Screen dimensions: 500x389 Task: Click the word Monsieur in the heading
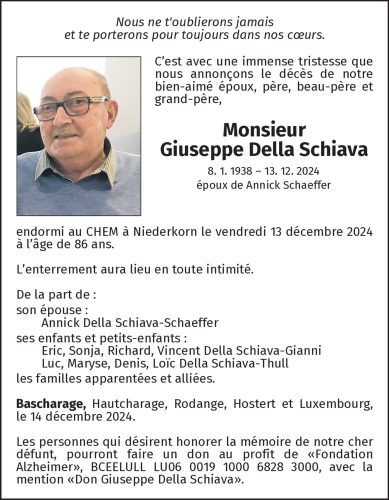point(264,130)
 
